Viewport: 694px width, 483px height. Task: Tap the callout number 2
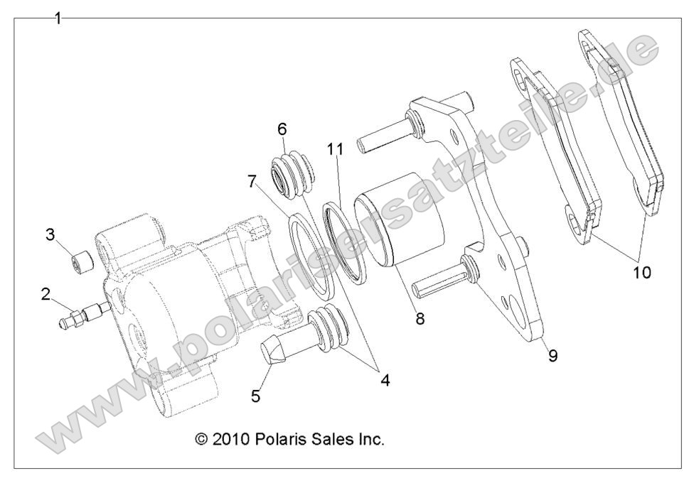point(46,293)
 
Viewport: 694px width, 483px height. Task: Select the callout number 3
point(50,235)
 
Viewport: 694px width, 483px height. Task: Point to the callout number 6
point(282,129)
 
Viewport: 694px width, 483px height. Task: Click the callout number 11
point(336,150)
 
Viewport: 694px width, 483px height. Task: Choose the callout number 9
point(552,355)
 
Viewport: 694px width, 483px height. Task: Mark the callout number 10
point(641,272)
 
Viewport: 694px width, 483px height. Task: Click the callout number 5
point(256,395)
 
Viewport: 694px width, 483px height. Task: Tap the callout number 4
point(384,380)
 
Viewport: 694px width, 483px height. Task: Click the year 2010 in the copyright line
point(230,440)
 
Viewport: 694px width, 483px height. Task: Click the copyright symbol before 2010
point(201,440)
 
